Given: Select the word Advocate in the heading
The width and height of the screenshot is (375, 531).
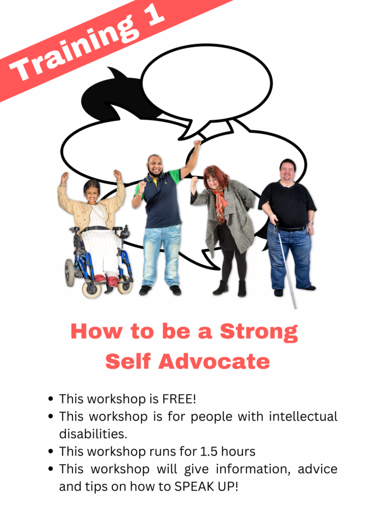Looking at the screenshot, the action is click(x=214, y=361).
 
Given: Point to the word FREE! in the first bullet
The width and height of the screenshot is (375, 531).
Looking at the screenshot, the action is click(x=179, y=399).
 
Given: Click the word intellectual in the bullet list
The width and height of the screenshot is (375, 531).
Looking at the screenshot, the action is click(x=304, y=416).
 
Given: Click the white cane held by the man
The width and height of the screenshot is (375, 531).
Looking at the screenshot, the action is click(x=286, y=264).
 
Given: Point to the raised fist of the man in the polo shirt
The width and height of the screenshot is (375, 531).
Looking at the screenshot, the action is click(x=197, y=144).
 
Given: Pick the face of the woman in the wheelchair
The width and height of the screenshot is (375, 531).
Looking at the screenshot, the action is click(x=92, y=194).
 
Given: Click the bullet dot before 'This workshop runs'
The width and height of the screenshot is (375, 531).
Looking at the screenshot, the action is click(x=51, y=452).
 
